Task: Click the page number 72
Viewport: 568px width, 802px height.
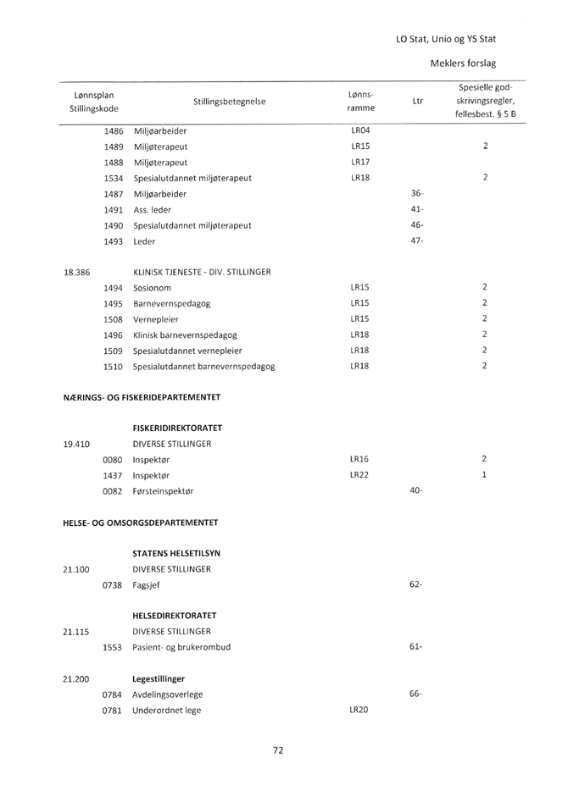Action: (x=277, y=749)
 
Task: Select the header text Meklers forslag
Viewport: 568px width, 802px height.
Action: (x=462, y=64)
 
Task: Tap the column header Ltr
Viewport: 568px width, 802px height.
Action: (x=416, y=102)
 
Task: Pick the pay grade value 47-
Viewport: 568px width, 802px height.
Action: (x=416, y=241)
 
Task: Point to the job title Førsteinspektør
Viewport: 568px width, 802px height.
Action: (x=169, y=490)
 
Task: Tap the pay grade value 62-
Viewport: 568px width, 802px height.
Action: (x=416, y=584)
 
